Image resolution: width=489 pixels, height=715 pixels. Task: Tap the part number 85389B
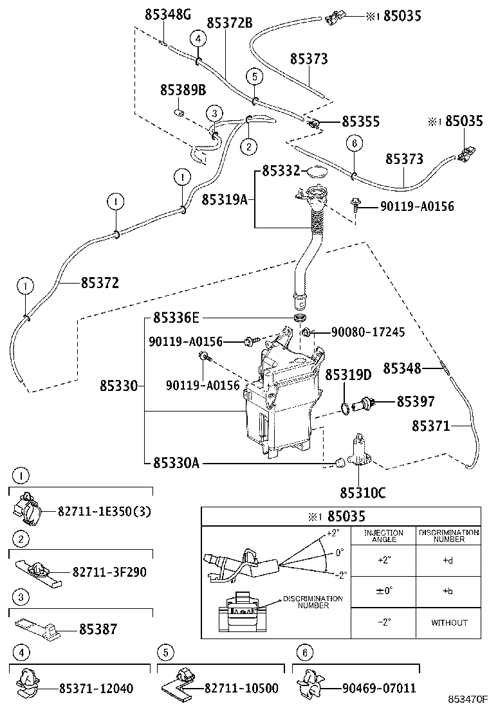coord(183,90)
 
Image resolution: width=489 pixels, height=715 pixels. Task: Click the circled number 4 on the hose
coord(198,39)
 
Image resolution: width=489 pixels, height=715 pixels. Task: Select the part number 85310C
coord(363,493)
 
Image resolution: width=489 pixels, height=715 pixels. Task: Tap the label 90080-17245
coord(368,332)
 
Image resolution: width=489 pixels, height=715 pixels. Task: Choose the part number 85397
coord(416,402)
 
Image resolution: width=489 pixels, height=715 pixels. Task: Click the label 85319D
coord(348,375)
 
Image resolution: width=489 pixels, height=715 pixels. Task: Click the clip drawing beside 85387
coord(39,628)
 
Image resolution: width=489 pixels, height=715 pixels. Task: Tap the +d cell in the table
coord(448,560)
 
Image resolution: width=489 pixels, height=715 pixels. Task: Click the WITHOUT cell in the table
coord(448,622)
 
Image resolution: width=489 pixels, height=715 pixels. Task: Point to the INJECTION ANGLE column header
coord(383,536)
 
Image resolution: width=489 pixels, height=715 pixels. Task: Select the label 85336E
coord(176,318)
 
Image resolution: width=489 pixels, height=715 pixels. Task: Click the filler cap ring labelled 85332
coord(315,172)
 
